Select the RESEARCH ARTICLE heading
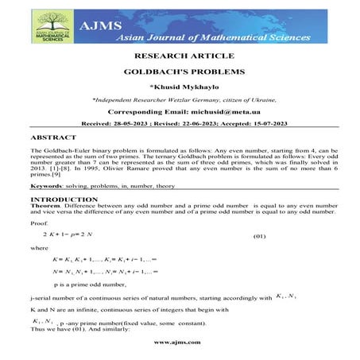pyautogui.click(x=180, y=57)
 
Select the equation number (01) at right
pyautogui.click(x=259, y=238)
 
